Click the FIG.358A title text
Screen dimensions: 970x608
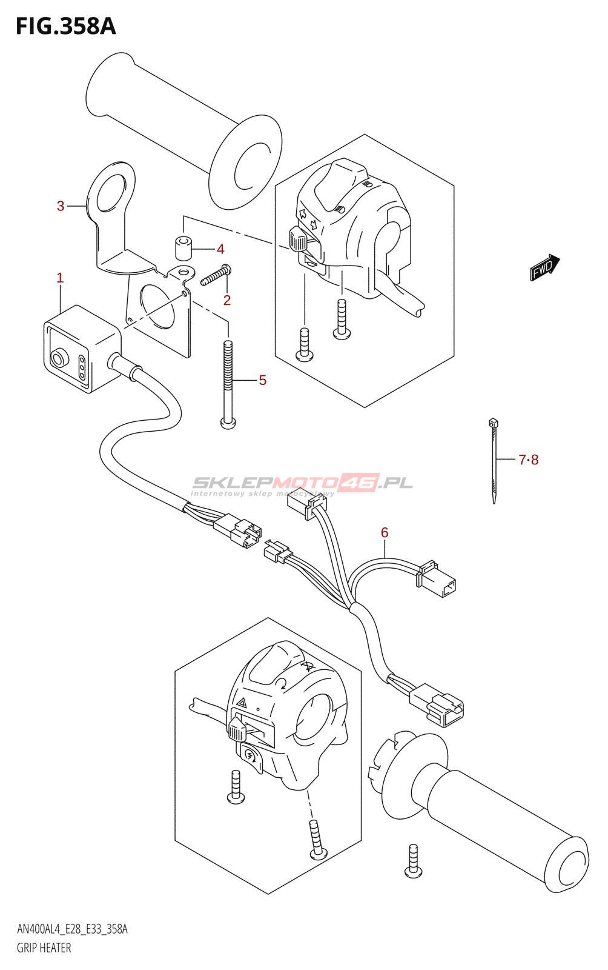pos(65,27)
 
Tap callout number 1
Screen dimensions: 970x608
pos(60,278)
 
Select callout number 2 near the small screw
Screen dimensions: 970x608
pos(227,300)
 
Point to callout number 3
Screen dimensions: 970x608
pos(61,206)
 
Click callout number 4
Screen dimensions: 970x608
pos(220,249)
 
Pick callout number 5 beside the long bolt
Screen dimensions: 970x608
pos(262,380)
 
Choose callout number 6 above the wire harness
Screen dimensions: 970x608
pos(385,532)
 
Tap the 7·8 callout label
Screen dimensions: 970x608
pos(528,460)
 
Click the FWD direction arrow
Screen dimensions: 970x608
pos(544,267)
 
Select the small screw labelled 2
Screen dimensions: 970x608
pos(214,276)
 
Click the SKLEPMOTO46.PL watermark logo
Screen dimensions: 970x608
pos(302,483)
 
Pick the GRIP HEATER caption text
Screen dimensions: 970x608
pos(44,948)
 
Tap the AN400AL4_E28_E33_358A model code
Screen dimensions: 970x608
pos(72,929)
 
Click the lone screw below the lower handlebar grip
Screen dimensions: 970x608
pos(414,861)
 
